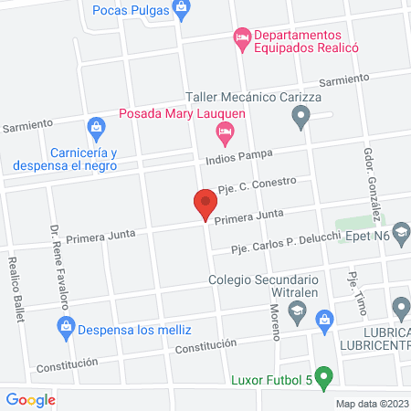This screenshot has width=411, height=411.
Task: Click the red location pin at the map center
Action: click(x=205, y=204)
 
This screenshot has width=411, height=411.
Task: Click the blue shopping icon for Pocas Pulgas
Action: click(x=181, y=9)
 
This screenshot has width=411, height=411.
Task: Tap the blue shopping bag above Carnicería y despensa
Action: click(x=95, y=126)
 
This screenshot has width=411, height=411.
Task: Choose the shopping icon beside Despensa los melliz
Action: click(x=66, y=326)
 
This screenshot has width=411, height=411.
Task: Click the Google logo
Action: click(x=31, y=398)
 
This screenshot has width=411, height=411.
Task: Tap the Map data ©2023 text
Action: click(x=371, y=403)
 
